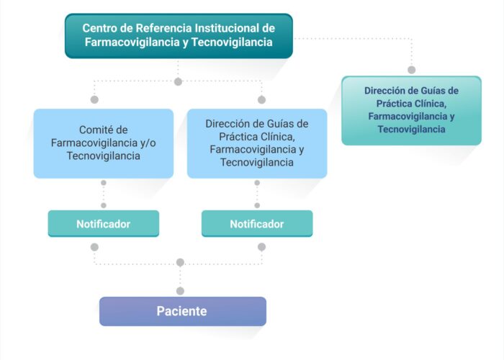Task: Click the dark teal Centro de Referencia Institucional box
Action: pos(179,36)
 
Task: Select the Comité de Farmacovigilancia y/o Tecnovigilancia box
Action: pos(104,143)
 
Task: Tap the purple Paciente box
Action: pos(183,311)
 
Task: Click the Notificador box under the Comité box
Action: pos(104,224)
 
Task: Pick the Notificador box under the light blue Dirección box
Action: pos(257,224)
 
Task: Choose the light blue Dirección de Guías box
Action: pos(257,143)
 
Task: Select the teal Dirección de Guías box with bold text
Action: pos(411,111)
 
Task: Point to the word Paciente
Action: pos(181,311)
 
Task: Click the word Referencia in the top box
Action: pos(163,28)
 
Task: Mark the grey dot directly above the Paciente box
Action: pos(180,291)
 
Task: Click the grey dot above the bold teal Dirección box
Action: pos(411,70)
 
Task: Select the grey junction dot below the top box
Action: pos(178,81)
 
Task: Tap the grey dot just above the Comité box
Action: pos(94,99)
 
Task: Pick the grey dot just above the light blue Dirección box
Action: pos(261,99)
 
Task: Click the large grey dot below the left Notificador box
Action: pos(94,247)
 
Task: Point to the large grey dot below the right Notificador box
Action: pos(261,247)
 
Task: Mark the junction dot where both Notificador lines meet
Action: pos(180,263)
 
